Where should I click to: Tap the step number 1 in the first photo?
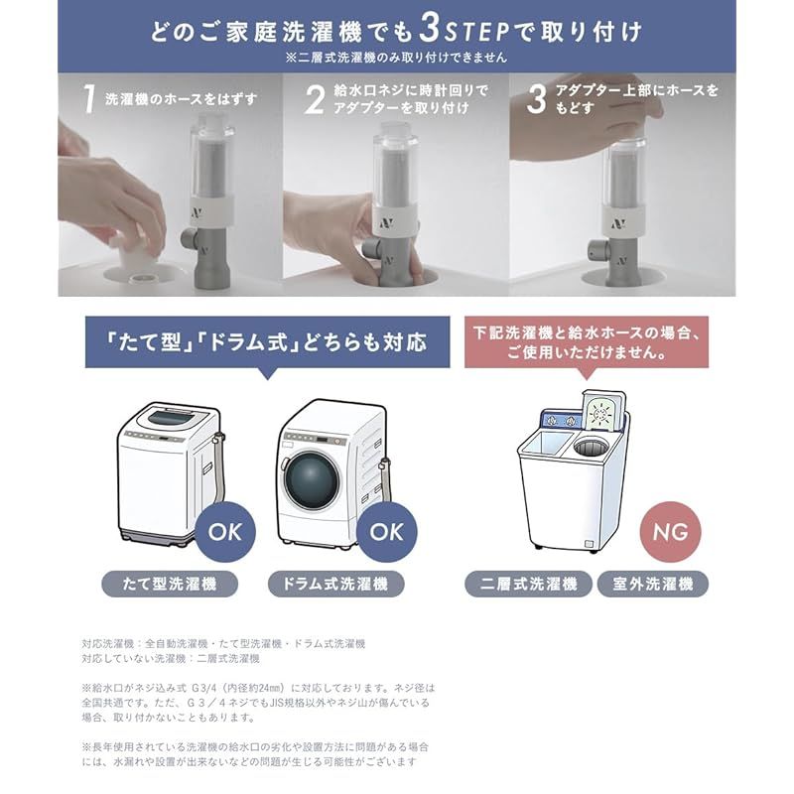(89, 98)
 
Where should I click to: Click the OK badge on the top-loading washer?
(225, 532)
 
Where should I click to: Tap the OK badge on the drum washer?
(387, 532)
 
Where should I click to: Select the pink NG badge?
(671, 532)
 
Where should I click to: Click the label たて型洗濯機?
(170, 584)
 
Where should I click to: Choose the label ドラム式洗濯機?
(335, 584)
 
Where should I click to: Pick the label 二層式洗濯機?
(528, 584)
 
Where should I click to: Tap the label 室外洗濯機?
(653, 584)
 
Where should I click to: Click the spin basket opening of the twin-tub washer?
(591, 448)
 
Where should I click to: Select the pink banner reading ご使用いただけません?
(587, 341)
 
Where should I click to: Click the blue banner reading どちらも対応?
(267, 342)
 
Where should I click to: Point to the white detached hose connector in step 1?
(128, 253)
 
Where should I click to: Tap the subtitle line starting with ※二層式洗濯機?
(396, 58)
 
